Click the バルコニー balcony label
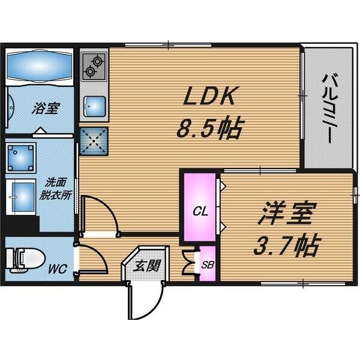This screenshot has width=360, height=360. tap(328, 107)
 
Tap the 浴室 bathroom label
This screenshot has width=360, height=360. tap(46, 109)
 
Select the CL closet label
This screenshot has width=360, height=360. tap(200, 211)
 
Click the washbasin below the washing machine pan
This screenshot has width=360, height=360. tap(23, 194)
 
